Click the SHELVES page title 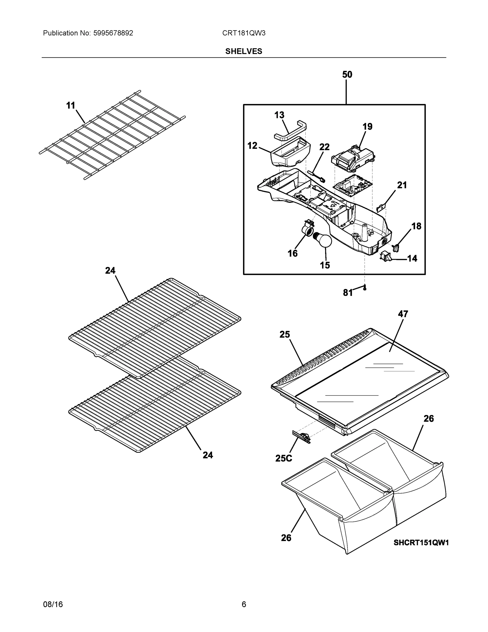pos(243,51)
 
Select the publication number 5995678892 pos(113,33)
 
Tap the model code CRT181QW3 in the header pos(243,33)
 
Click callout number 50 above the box pos(347,75)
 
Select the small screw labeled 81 pos(365,288)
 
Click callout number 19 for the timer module pos(367,126)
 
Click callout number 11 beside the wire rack pos(71,106)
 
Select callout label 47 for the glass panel pos(403,314)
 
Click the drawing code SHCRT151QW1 pos(421,542)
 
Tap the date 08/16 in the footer pos(53,604)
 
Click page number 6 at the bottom pos(244,604)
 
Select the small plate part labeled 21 pos(382,208)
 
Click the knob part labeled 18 pos(396,248)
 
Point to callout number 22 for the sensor pos(324,147)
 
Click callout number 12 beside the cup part pos(252,146)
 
